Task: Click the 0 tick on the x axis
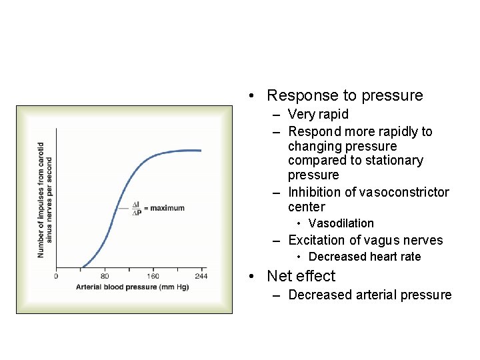56,275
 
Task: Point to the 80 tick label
105,275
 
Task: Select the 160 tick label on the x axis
153,275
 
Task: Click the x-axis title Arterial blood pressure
132,287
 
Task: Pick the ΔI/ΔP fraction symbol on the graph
137,208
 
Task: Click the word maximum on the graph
167,208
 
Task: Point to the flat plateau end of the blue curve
199,151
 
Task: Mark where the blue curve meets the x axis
81,267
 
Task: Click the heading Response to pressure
345,95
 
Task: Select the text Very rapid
318,115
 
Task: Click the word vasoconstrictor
404,192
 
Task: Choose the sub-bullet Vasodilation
341,223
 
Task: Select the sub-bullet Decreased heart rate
365,257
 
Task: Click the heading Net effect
301,276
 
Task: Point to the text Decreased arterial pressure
369,295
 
